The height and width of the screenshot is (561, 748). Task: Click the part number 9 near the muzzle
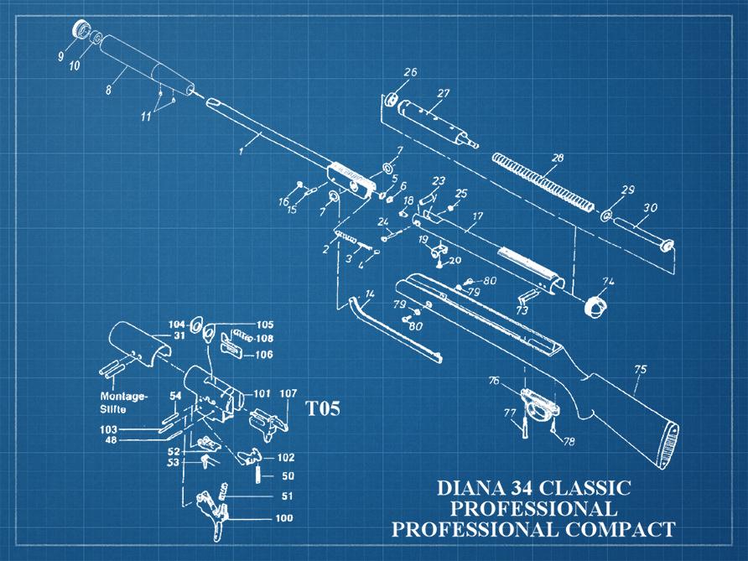point(61,57)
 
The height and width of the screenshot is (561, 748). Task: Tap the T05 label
point(322,408)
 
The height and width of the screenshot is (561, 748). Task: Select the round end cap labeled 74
point(594,305)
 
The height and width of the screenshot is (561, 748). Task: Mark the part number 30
point(650,207)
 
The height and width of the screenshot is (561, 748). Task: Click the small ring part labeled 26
point(391,101)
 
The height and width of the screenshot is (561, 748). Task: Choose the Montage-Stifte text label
point(123,402)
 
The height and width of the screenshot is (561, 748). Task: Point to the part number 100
point(284,518)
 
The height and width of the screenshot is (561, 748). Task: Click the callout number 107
point(288,393)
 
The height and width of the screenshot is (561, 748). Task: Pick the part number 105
point(264,325)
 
